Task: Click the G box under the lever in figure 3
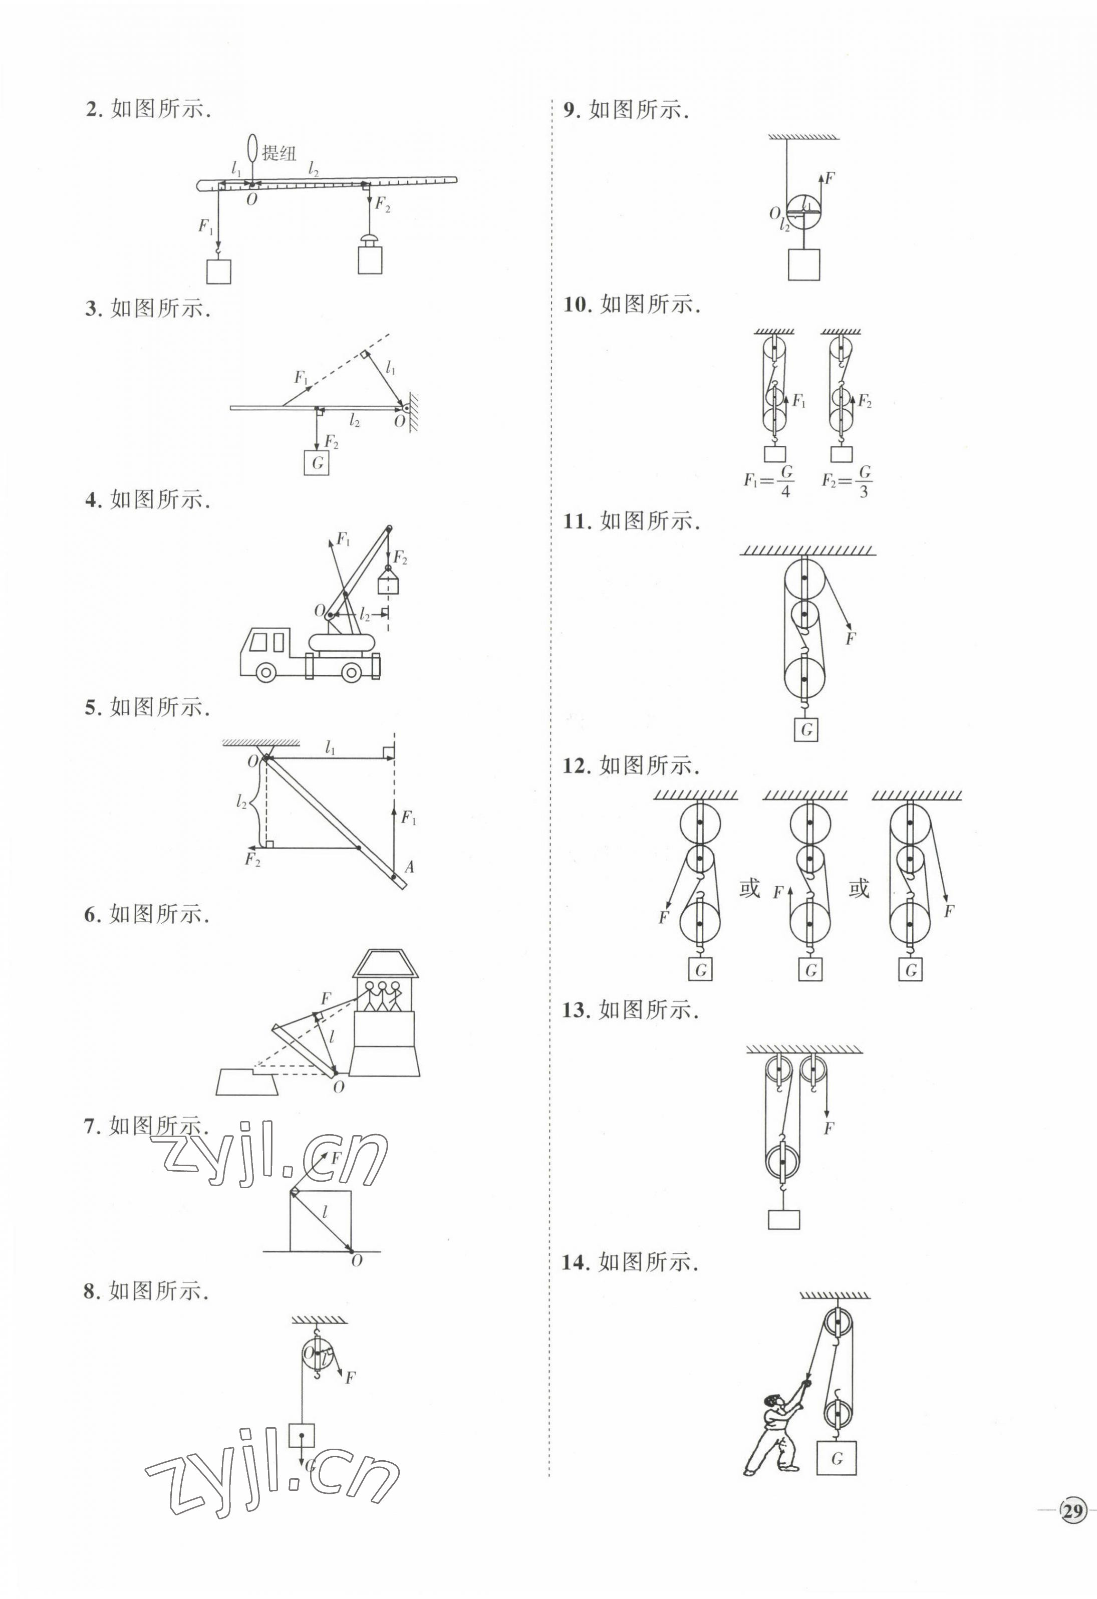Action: coord(317,462)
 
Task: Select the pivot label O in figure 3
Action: coord(399,422)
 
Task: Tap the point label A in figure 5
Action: coord(409,867)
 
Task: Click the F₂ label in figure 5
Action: coord(252,859)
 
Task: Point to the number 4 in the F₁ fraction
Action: coord(785,491)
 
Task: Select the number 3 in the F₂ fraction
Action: coord(864,491)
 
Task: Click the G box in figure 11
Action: coord(806,729)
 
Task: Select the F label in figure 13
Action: coord(829,1129)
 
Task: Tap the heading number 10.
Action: coord(578,304)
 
